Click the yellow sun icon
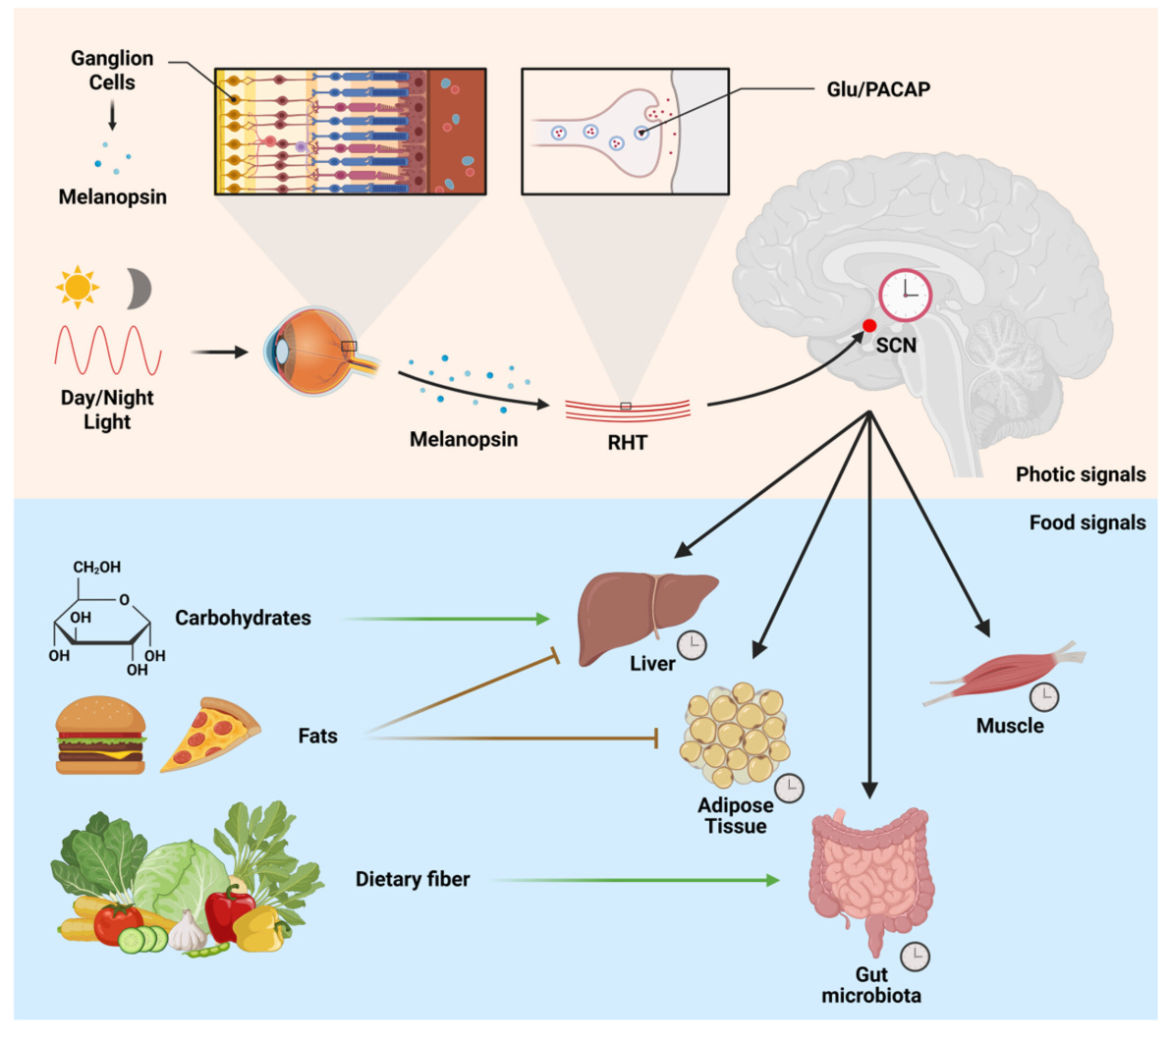coord(77,287)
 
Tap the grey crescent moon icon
coord(139,289)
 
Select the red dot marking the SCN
coord(869,326)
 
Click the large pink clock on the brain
coord(905,295)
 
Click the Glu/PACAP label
coord(877,89)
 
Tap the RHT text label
coord(627,443)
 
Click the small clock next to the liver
coord(693,645)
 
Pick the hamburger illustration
coord(100,736)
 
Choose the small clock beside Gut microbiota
coord(915,956)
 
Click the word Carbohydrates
coord(243,619)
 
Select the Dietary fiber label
coord(413,879)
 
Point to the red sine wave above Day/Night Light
coord(107,351)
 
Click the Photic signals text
coord(1080,475)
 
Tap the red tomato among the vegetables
coord(118,922)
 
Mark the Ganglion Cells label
coord(112,71)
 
